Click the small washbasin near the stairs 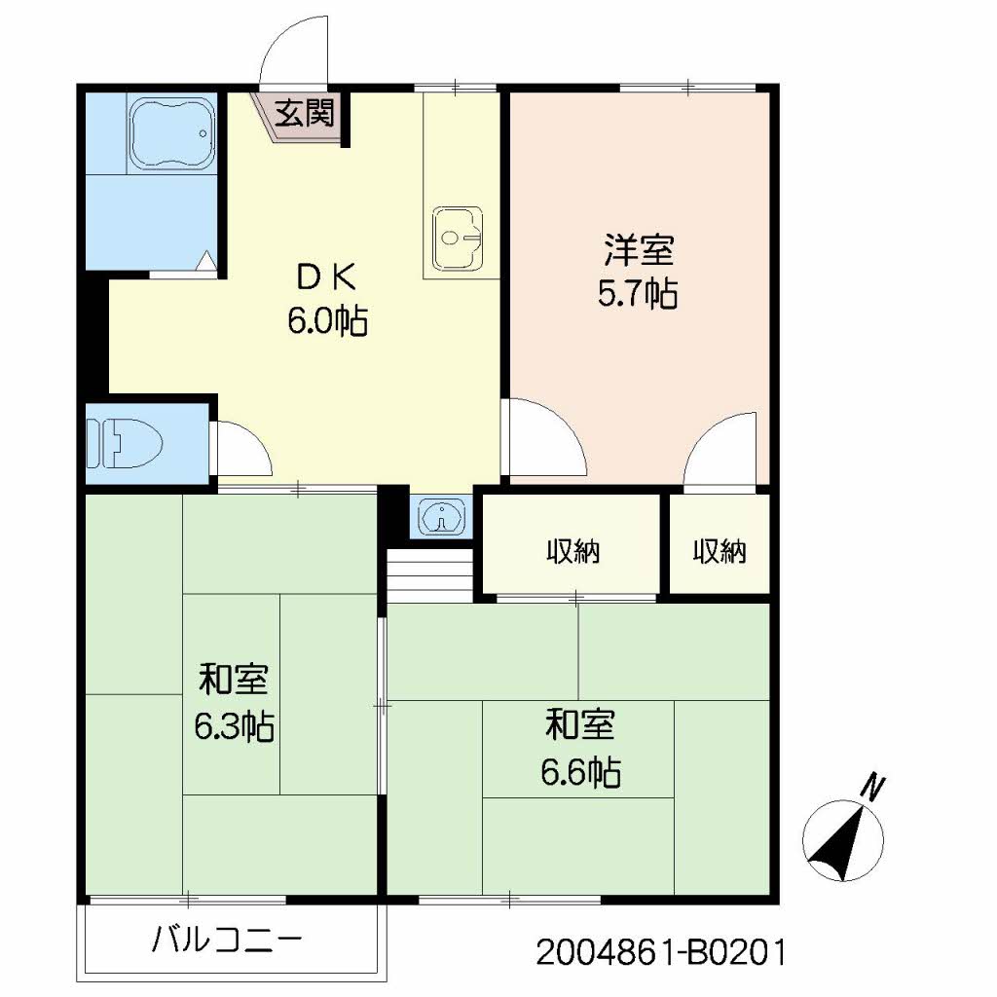pyautogui.click(x=441, y=516)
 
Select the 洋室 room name pyautogui.click(x=638, y=251)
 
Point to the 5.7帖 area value pyautogui.click(x=638, y=293)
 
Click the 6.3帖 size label pyautogui.click(x=233, y=725)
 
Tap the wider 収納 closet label pyautogui.click(x=572, y=553)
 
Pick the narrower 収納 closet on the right pyautogui.click(x=720, y=553)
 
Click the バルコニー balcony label pyautogui.click(x=228, y=942)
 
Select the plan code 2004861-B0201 pyautogui.click(x=660, y=951)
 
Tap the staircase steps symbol pyautogui.click(x=429, y=573)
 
